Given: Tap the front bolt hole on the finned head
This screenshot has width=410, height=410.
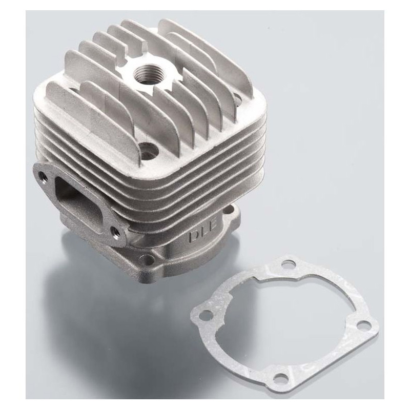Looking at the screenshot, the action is click(x=149, y=149).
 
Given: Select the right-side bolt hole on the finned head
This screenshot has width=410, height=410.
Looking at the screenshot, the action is click(x=238, y=99).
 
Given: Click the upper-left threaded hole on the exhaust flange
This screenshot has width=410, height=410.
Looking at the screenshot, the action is click(x=42, y=175).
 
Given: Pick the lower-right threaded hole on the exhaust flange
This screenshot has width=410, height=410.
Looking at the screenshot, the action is click(x=114, y=231).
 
